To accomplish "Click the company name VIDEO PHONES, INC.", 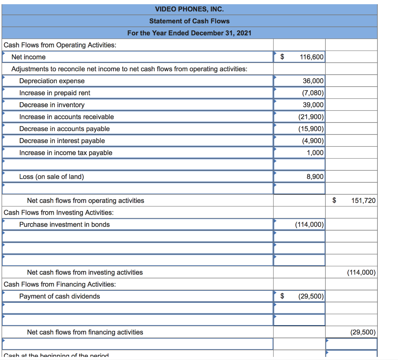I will click(189, 9).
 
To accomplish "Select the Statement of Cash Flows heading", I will click(189, 21).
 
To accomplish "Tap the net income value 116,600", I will click(311, 57).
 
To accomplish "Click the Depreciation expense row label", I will click(52, 81).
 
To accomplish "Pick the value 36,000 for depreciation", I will click(313, 81).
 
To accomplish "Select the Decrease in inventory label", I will click(52, 105).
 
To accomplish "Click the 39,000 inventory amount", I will click(313, 105).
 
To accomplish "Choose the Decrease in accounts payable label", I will click(65, 129).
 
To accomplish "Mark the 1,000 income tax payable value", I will click(315, 153).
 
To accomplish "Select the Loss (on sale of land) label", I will click(52, 177).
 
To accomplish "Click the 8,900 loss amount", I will click(315, 177).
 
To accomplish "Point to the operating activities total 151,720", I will click(363, 201).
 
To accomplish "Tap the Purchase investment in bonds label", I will click(65, 224).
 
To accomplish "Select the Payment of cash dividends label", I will click(59, 296).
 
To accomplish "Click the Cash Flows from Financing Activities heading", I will click(59, 284).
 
